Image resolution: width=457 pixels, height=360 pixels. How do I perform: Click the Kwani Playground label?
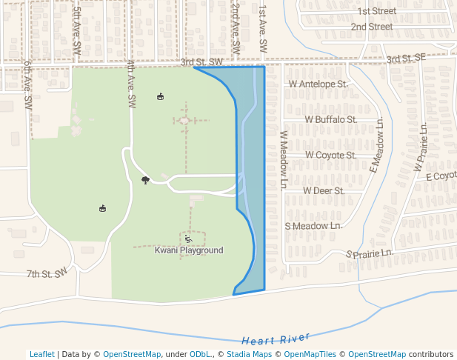[189, 250]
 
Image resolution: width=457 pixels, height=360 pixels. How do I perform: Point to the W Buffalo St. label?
[331, 119]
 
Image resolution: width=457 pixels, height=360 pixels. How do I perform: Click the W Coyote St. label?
[331, 156]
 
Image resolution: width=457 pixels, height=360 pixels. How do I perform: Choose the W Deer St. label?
[324, 190]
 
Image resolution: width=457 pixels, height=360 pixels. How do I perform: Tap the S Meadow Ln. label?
[314, 225]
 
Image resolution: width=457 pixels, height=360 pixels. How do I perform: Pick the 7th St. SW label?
[47, 273]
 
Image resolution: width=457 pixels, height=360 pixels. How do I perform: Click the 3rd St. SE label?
[406, 58]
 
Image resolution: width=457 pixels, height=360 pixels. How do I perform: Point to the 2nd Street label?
[371, 27]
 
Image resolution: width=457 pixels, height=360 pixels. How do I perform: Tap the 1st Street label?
[376, 11]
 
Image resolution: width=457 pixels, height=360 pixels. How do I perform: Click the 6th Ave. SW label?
[27, 81]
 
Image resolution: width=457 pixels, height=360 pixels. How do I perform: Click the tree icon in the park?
[145, 180]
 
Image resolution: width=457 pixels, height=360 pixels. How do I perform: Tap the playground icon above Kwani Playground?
[188, 239]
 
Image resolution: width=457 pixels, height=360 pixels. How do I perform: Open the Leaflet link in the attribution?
[42, 354]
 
